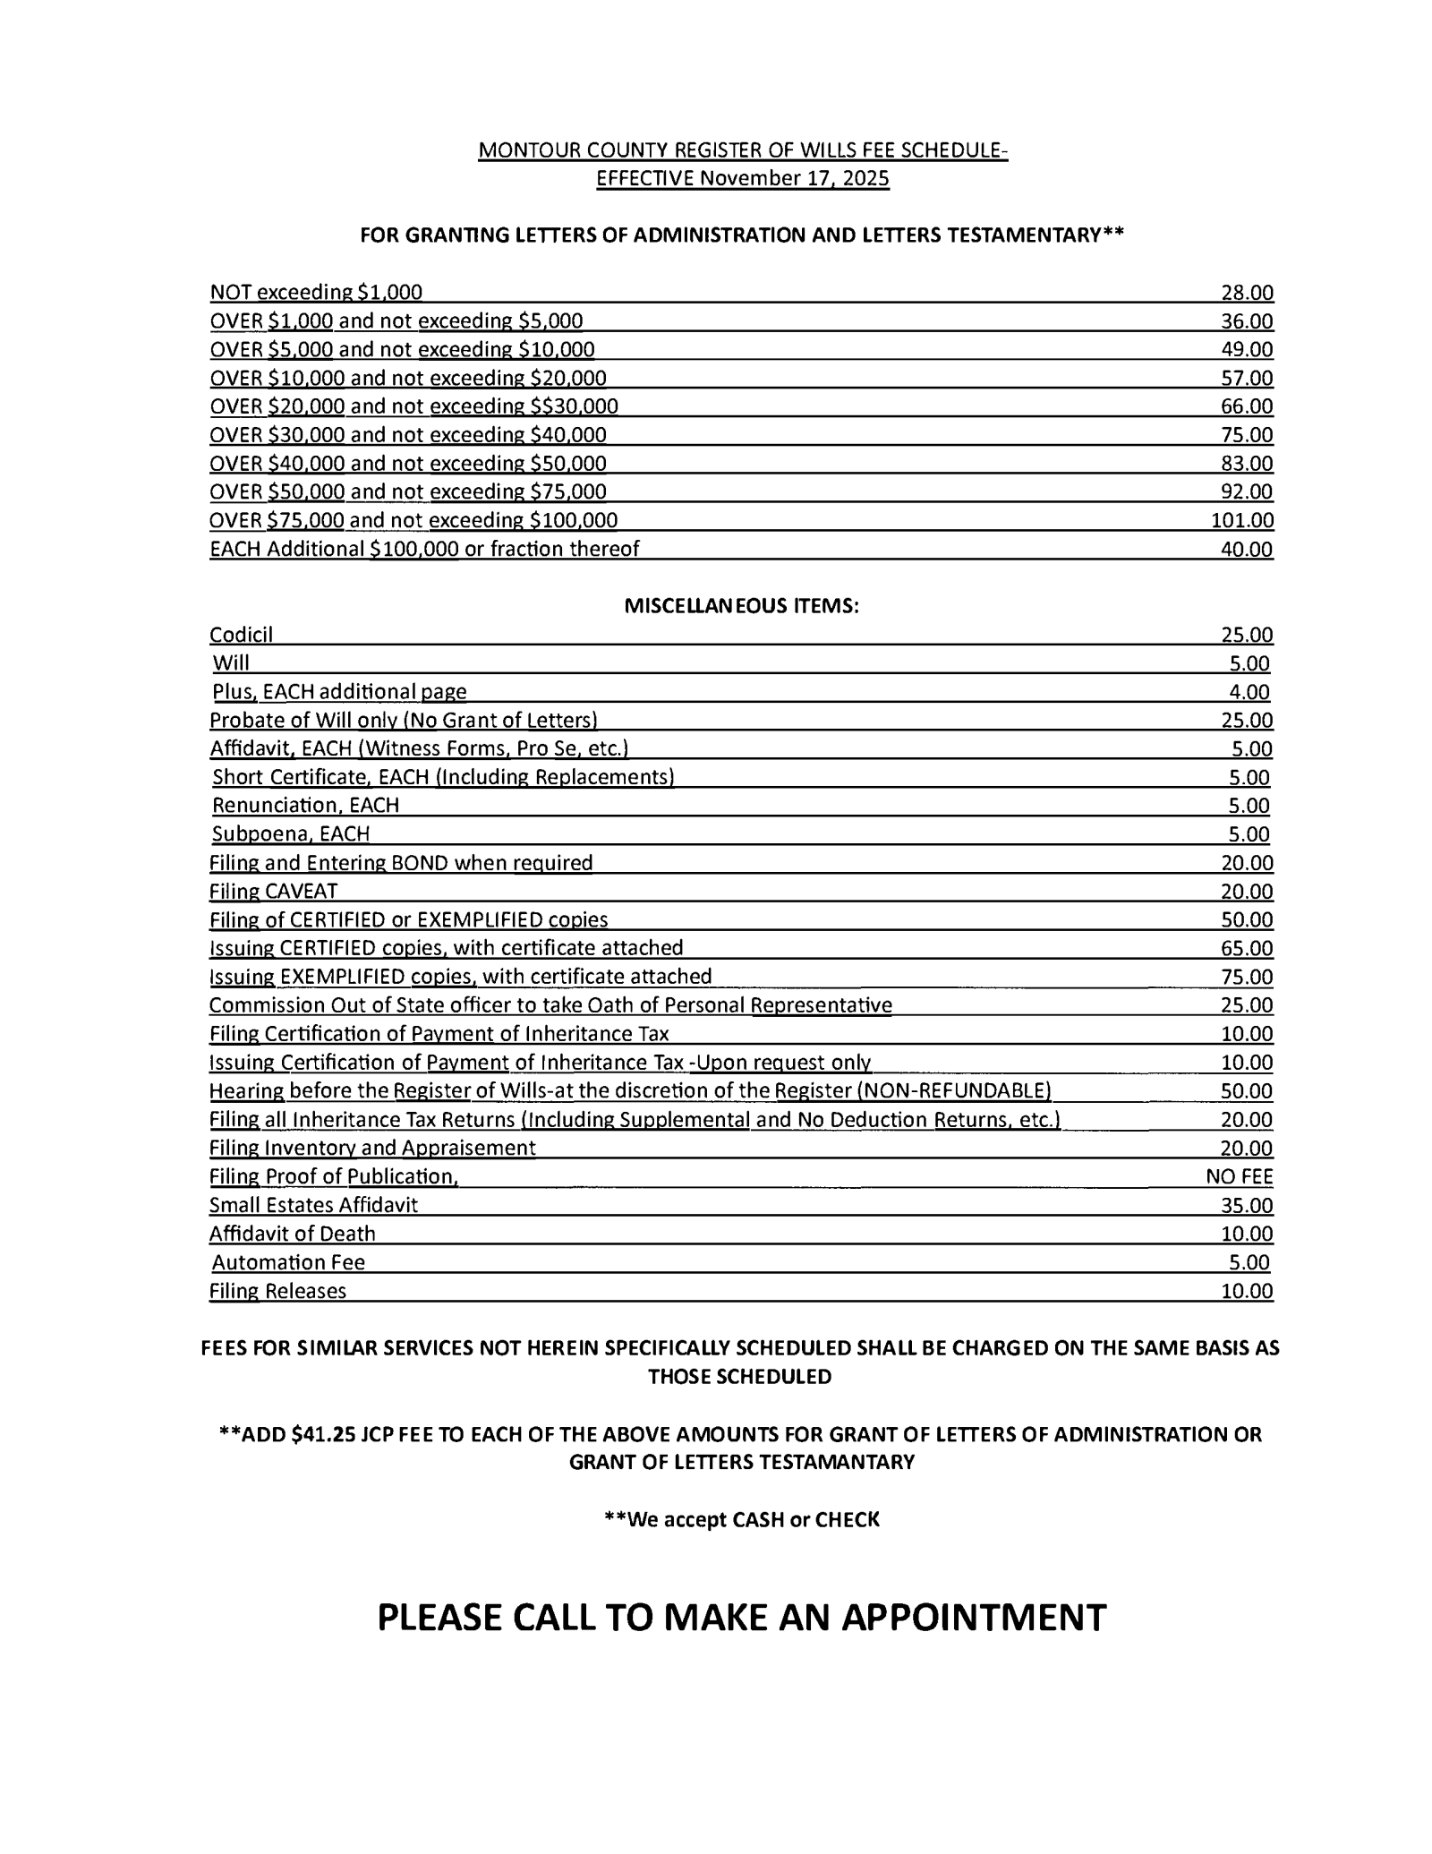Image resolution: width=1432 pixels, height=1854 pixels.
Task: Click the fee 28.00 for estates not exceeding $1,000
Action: pyautogui.click(x=1247, y=293)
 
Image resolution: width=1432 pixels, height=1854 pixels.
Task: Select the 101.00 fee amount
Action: pyautogui.click(x=1242, y=521)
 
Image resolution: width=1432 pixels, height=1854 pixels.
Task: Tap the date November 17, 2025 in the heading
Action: pyautogui.click(x=794, y=179)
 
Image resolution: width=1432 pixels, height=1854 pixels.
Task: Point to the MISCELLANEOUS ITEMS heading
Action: pyautogui.click(x=741, y=606)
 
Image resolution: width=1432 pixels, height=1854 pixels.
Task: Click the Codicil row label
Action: pyautogui.click(x=241, y=636)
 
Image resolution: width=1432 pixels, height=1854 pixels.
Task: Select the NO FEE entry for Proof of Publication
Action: pyautogui.click(x=1239, y=1177)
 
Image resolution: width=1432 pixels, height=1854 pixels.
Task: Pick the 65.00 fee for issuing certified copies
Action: pyautogui.click(x=1247, y=949)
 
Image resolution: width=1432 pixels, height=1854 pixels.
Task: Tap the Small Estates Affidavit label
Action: pyautogui.click(x=313, y=1206)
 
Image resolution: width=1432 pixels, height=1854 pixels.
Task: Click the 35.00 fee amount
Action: pyautogui.click(x=1247, y=1206)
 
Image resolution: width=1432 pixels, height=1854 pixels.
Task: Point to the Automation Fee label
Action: pyautogui.click(x=288, y=1263)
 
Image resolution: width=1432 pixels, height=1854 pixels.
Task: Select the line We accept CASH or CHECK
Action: pyautogui.click(x=742, y=1519)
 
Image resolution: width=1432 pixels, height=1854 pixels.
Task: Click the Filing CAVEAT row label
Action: pyautogui.click(x=273, y=892)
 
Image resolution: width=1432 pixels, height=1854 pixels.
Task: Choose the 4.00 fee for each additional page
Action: pyautogui.click(x=1249, y=692)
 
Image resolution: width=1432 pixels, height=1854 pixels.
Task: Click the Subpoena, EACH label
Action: pyautogui.click(x=291, y=834)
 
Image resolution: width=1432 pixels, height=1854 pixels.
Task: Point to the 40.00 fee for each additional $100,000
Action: pyautogui.click(x=1247, y=550)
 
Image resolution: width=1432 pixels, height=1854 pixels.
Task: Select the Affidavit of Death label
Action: pyautogui.click(x=293, y=1235)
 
